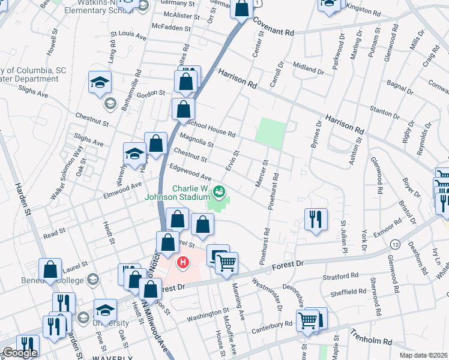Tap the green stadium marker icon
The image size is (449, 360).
tap(219, 192)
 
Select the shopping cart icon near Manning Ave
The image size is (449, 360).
tap(226, 262)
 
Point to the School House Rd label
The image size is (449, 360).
tap(211, 129)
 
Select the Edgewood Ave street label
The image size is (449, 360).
tap(191, 174)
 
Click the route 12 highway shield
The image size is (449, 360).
tap(394, 244)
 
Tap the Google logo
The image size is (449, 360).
tap(20, 353)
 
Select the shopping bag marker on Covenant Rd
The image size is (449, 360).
tap(241, 10)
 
